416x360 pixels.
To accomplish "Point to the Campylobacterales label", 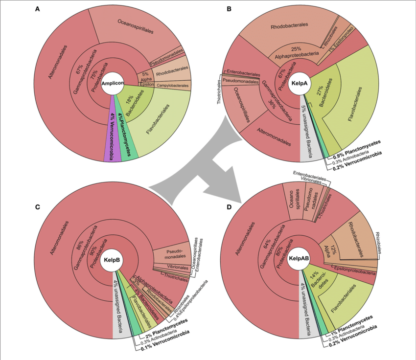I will [172, 86].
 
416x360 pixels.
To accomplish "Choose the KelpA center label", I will [300, 83].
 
